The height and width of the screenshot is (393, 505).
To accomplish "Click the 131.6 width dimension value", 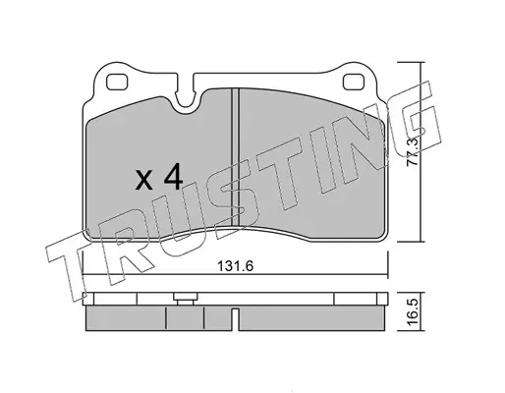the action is coord(236,266).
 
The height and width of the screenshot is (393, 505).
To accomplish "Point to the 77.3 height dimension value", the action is coord(413,151).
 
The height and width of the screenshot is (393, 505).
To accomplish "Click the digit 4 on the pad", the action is coord(173,176).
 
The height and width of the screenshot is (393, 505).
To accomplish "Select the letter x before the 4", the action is coord(144,181).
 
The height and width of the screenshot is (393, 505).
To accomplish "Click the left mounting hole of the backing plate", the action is coord(117,82).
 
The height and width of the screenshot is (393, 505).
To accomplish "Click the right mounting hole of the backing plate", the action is coord(354,82).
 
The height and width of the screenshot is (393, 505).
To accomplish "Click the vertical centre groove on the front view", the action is coord(236,157).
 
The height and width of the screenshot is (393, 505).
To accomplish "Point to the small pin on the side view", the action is coord(186,299).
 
